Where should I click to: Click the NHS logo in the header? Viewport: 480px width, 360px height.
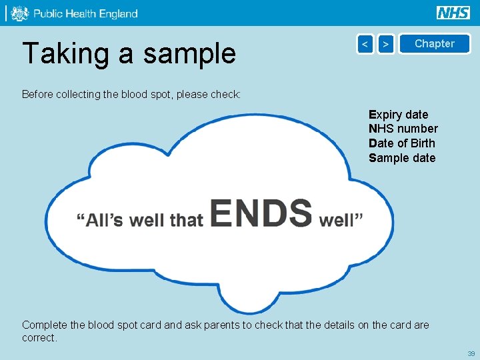[453, 13]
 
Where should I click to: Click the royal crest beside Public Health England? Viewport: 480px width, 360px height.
[20, 13]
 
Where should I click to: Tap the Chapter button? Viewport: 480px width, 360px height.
[434, 44]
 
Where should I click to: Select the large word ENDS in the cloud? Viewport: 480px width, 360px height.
[261, 213]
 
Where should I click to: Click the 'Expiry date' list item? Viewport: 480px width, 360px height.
[399, 115]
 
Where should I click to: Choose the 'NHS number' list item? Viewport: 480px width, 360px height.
[403, 129]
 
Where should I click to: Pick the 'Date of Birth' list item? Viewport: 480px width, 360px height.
[401, 143]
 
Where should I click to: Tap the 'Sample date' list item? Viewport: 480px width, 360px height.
[402, 158]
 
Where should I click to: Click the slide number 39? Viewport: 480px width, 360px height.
[471, 353]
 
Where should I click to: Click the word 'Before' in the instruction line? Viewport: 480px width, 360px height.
[39, 95]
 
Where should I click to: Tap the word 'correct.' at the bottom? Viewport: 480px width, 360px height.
[40, 338]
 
